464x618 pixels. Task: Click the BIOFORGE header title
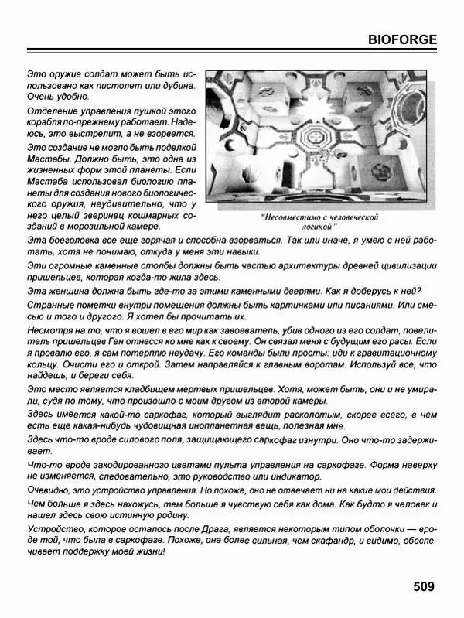401,39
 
